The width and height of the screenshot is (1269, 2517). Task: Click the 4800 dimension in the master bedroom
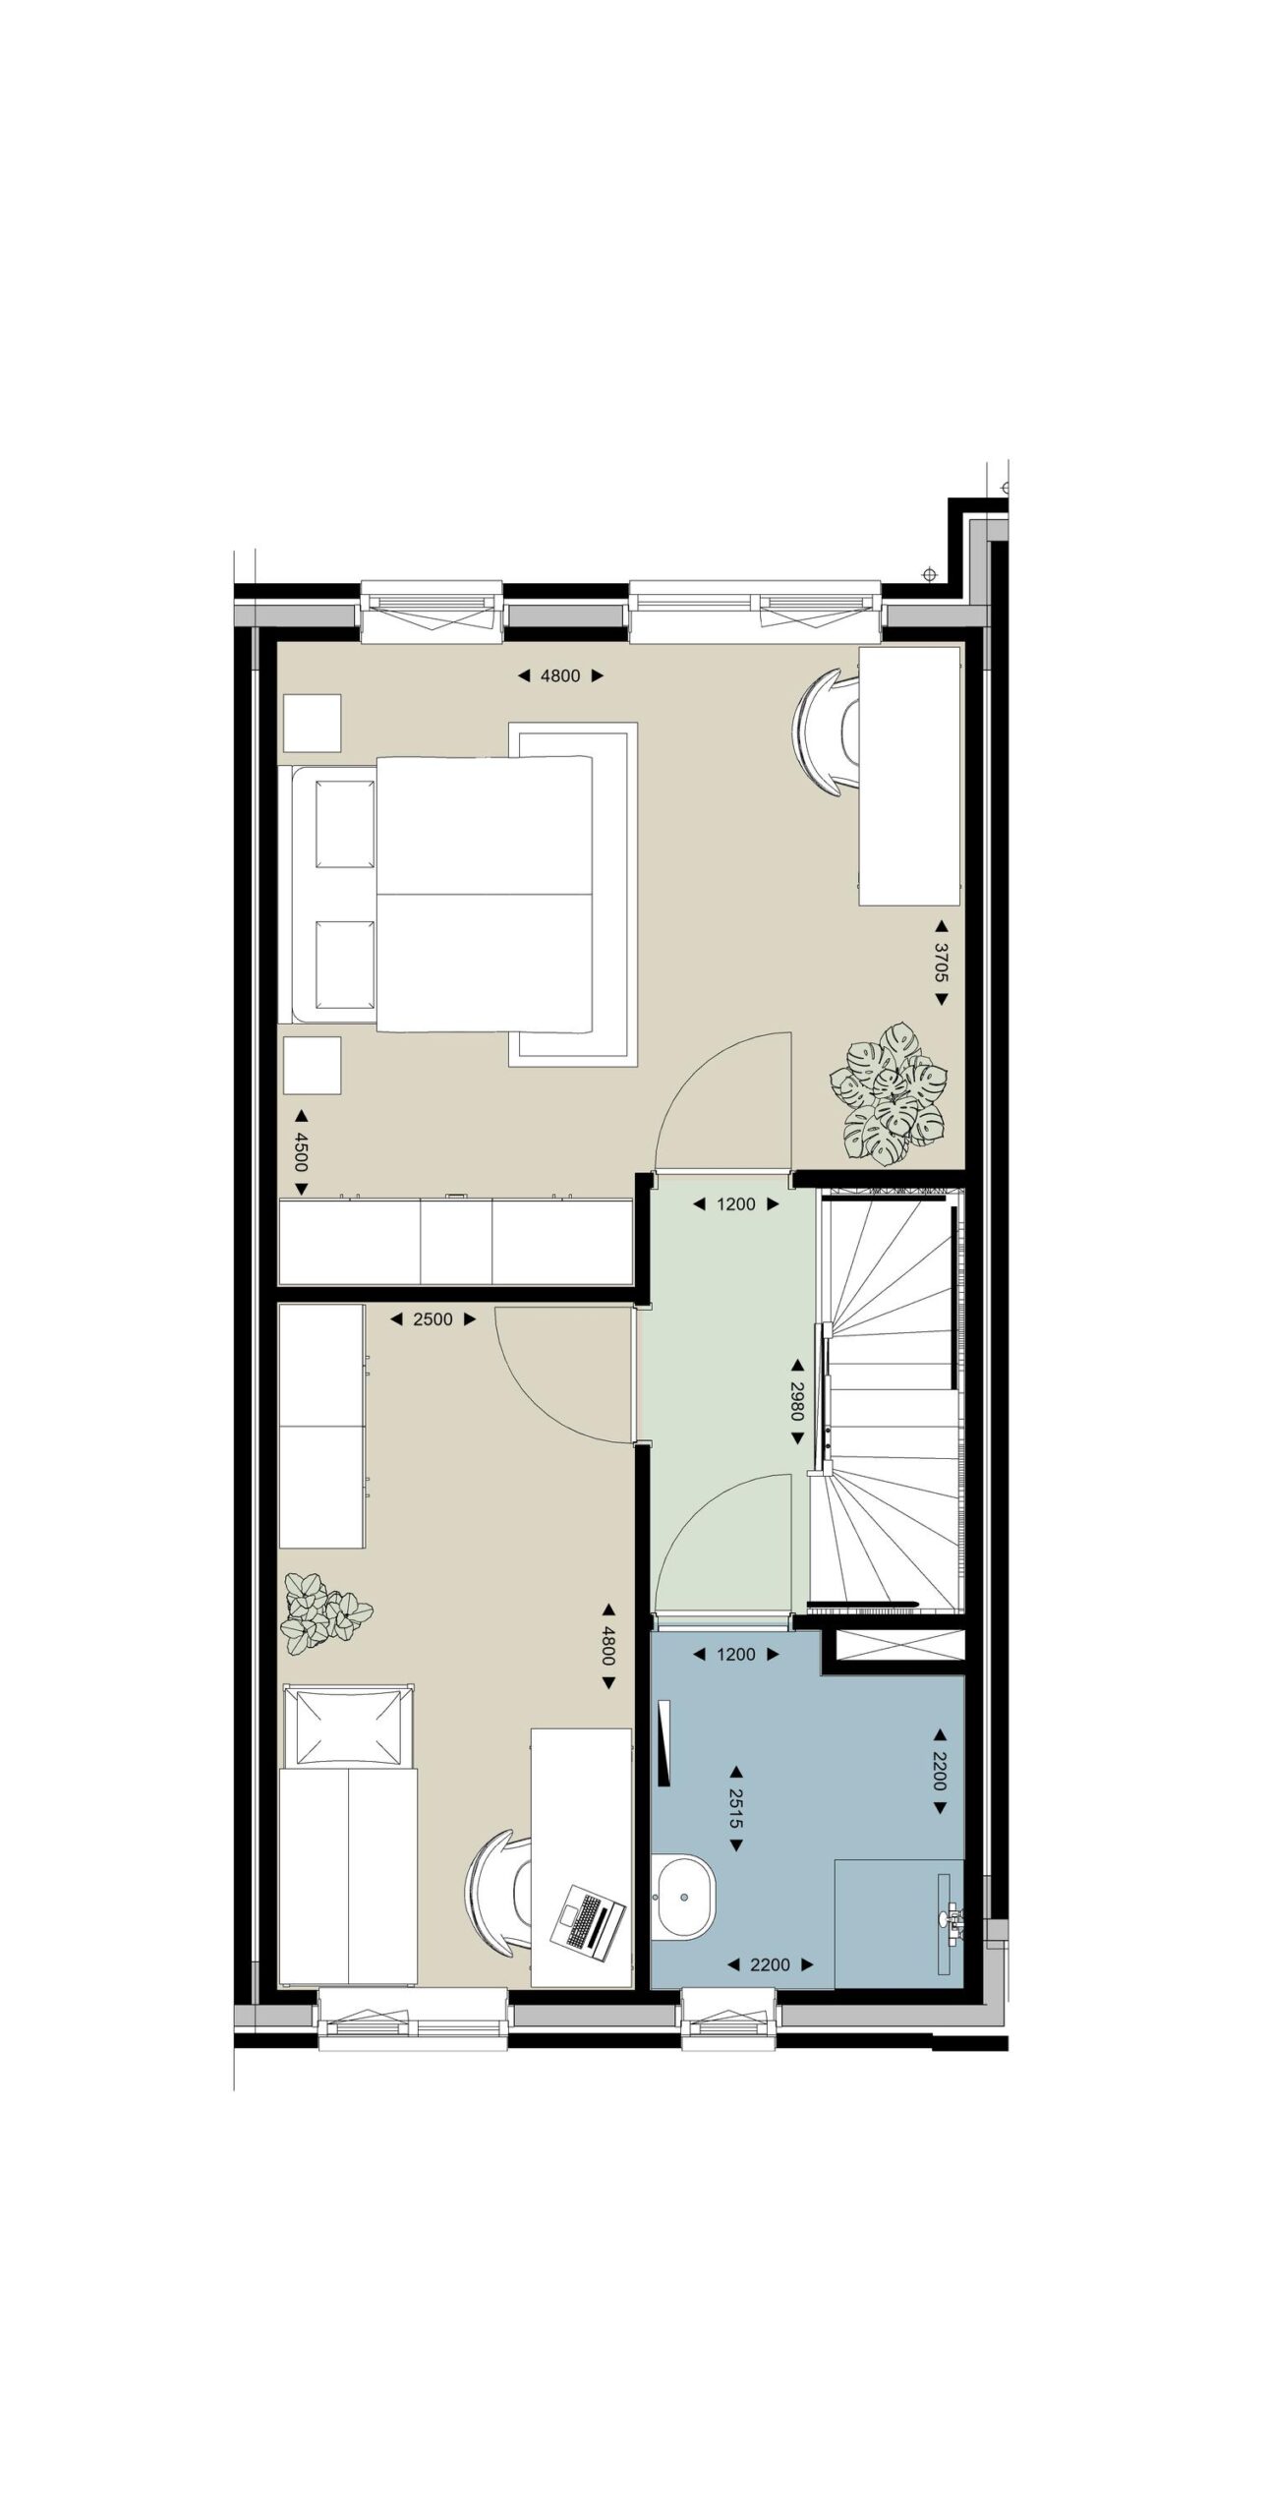point(560,675)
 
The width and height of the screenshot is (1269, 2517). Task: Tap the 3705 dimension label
point(941,963)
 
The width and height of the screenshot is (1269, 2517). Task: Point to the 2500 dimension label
point(433,1319)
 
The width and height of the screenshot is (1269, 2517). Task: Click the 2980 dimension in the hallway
point(797,1402)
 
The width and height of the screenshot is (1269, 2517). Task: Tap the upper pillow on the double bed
point(345,824)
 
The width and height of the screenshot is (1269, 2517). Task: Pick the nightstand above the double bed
point(312,723)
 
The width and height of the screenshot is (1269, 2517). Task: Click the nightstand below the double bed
point(312,1065)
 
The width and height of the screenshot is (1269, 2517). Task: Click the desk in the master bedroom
point(909,776)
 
